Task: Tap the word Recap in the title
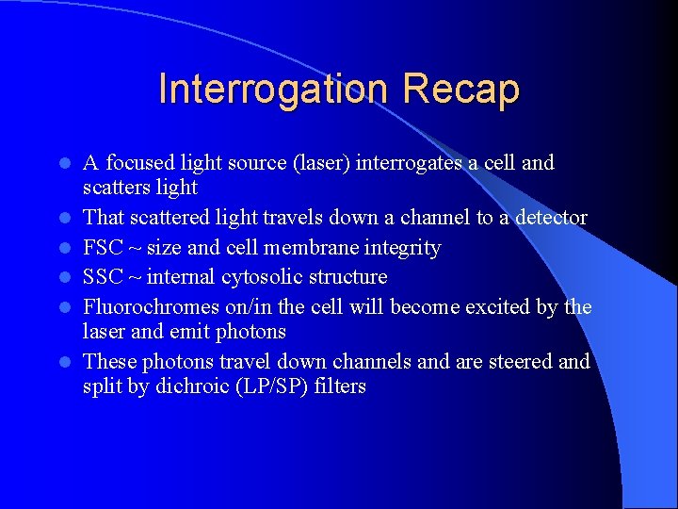[460, 90]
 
